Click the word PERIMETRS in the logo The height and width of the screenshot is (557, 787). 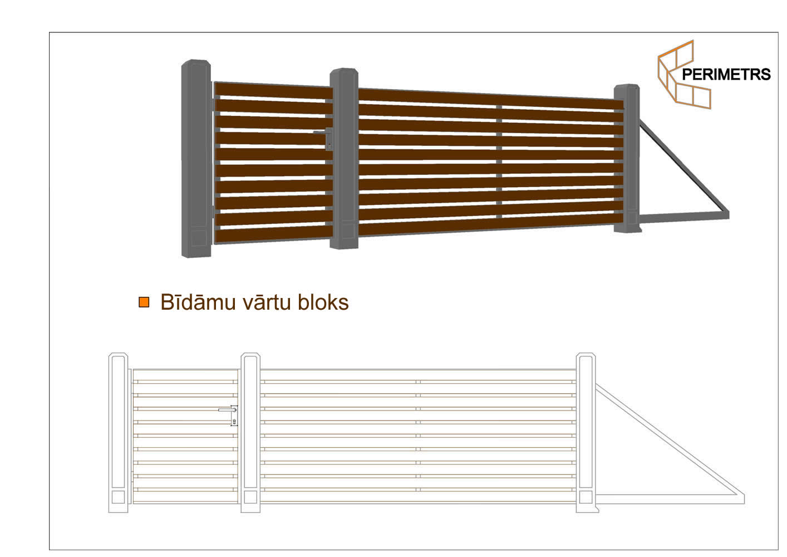[x=726, y=75]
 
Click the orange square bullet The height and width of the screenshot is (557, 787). [x=144, y=302]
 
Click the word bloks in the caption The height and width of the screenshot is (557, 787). [x=323, y=302]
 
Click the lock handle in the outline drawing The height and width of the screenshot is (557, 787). [x=229, y=416]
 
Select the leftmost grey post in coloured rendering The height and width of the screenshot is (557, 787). [x=196, y=159]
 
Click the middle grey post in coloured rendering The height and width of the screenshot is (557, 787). [x=344, y=159]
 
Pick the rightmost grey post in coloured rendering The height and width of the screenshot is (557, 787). [x=627, y=158]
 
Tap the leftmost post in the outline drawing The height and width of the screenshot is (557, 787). [x=119, y=433]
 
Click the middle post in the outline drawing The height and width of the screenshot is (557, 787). [x=250, y=433]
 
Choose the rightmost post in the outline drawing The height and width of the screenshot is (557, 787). [x=586, y=433]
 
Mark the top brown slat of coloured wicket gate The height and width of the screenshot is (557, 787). [x=274, y=91]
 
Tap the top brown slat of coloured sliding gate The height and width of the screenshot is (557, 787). [x=491, y=99]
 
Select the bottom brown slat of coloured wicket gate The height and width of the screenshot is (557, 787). [x=274, y=234]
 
